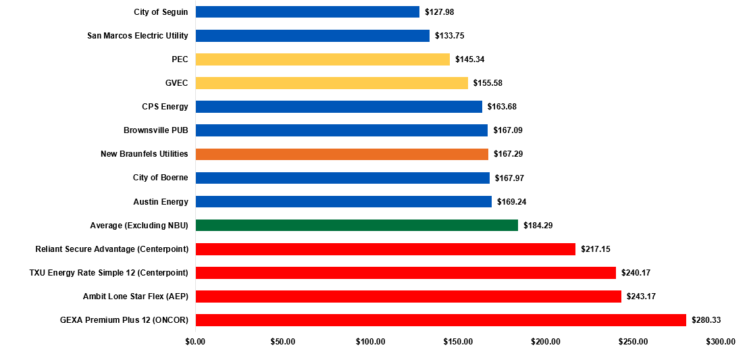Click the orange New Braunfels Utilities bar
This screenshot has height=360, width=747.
coord(342,154)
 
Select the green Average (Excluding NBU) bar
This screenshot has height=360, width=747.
coord(357,226)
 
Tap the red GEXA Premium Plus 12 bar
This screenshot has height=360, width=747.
coord(440,320)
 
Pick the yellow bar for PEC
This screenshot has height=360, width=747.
coord(322,59)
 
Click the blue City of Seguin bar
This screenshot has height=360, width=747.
coord(307,12)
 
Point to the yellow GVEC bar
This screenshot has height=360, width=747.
coord(332,83)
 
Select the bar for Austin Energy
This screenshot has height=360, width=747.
coord(343,202)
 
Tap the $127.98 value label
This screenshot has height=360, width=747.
coord(440,12)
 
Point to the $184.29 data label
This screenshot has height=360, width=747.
coord(538,226)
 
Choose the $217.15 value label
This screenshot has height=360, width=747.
coord(596,249)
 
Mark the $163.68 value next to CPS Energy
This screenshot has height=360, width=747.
coord(502,107)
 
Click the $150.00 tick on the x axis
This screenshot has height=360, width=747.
coord(458,342)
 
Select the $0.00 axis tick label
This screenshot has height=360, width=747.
coord(195,342)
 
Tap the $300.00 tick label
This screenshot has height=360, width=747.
coord(721,342)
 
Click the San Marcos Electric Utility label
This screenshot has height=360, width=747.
coord(138,36)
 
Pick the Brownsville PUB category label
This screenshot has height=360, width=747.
coord(155,130)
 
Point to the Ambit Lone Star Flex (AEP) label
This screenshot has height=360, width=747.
coord(135,297)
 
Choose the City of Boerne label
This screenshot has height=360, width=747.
coord(160,178)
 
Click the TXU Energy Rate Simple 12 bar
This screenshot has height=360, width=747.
coord(405,273)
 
